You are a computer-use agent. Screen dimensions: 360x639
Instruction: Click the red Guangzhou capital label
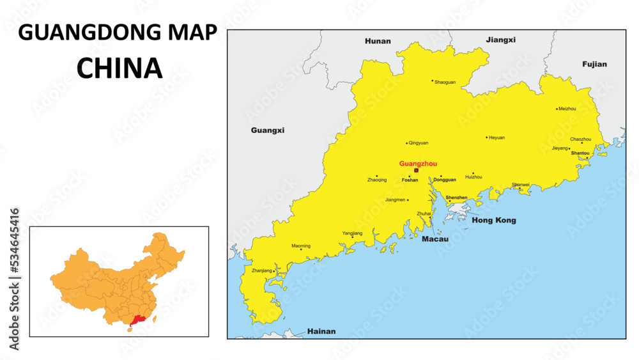pos(418,164)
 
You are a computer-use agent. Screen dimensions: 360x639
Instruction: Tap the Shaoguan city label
pos(445,82)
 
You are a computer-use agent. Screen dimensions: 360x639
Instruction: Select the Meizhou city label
pos(567,109)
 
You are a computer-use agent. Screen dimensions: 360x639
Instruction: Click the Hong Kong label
pos(493,221)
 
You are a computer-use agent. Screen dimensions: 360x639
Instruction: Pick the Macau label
pos(435,239)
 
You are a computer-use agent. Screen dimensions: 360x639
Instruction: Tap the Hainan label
pos(321,331)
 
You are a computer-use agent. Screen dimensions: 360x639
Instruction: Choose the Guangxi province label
pos(267,130)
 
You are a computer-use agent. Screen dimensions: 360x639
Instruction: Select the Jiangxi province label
pos(500,40)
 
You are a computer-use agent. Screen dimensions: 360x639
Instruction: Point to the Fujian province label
pos(594,64)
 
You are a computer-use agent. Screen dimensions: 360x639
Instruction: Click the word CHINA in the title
pos(119,68)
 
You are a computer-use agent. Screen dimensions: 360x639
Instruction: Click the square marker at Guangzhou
pos(416,171)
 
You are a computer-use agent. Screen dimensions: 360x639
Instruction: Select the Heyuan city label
pos(497,137)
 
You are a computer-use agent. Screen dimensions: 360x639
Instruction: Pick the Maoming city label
pos(301,246)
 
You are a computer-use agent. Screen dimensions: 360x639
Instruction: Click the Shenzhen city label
pos(456,198)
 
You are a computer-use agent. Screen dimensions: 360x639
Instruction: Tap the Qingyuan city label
pos(419,143)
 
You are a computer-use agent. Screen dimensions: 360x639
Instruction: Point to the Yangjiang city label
pos(352,233)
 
